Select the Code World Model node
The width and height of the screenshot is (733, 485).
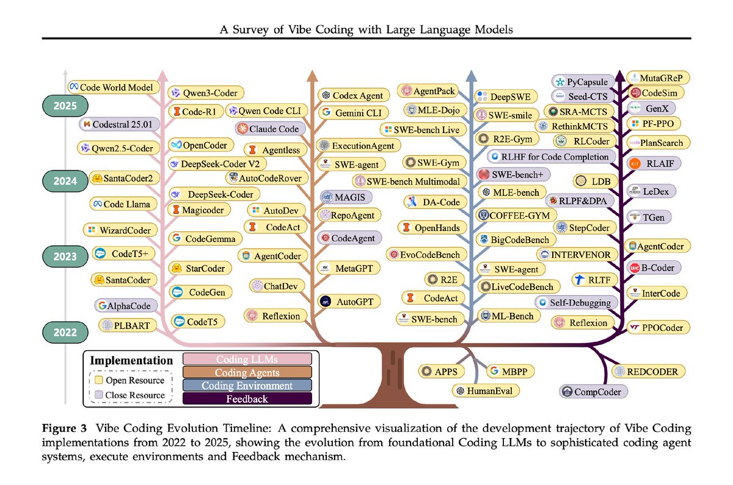111,87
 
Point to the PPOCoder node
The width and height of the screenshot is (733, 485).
657,328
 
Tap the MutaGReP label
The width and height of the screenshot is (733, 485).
657,78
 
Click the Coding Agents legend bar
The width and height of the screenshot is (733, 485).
247,372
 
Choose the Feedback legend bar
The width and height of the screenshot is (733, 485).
247,399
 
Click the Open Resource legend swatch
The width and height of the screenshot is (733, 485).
97,381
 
